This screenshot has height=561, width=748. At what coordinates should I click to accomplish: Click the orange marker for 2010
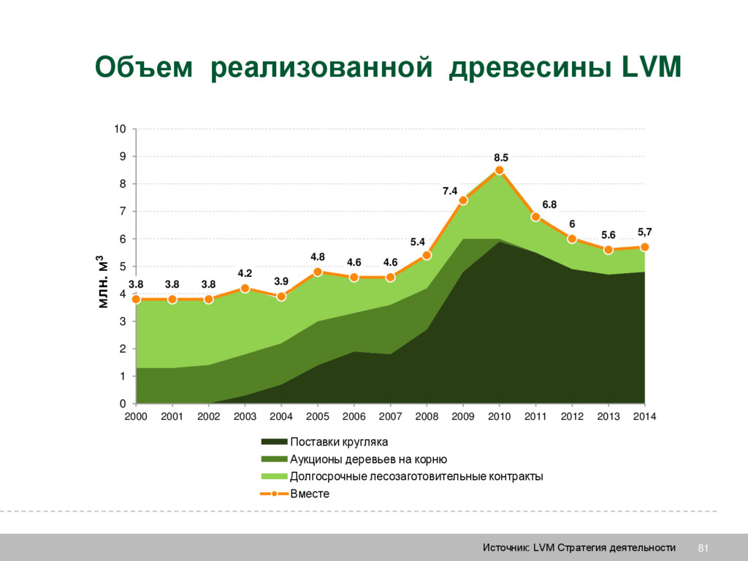point(500,170)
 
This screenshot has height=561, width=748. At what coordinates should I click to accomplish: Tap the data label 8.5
point(500,157)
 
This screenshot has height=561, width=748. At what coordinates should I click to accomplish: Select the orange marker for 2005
point(318,272)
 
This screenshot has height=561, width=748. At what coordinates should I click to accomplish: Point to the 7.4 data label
point(450,191)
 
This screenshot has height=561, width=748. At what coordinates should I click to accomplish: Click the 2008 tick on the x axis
point(427,416)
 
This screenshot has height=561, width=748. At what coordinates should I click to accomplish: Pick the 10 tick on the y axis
point(120,129)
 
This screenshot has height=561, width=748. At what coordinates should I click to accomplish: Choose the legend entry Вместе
point(310,494)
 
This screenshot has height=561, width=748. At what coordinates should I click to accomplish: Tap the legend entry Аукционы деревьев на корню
point(368,459)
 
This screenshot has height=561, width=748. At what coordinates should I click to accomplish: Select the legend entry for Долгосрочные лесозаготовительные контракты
point(416,476)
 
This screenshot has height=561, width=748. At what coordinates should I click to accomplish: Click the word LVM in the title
point(651,68)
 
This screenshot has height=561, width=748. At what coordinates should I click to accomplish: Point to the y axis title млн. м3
point(102,281)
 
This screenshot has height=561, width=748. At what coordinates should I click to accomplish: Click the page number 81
point(704,548)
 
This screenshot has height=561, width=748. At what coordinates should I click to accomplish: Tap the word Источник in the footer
point(505,548)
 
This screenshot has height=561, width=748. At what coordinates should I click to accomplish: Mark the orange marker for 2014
point(644,247)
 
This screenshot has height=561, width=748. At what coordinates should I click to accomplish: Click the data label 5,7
point(645,232)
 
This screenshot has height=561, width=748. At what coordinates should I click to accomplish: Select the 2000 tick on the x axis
point(136,416)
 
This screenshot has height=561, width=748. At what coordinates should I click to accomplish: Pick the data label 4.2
point(245,273)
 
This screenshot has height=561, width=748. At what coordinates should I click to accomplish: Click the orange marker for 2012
point(572,239)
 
